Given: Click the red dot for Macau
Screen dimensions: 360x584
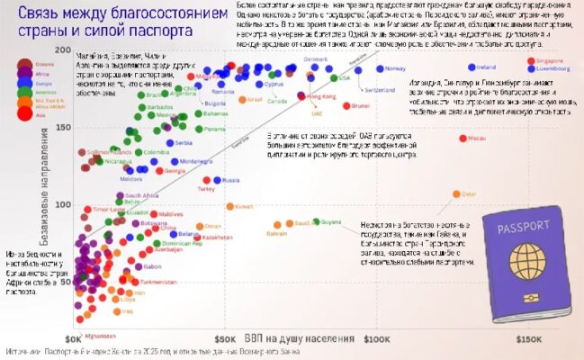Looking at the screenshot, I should coord(463,139).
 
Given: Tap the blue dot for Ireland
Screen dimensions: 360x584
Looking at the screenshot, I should coord(472,67).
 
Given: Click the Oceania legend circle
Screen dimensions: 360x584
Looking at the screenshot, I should coord(25,63).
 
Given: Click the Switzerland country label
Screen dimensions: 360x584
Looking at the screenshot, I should coord(380,89).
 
